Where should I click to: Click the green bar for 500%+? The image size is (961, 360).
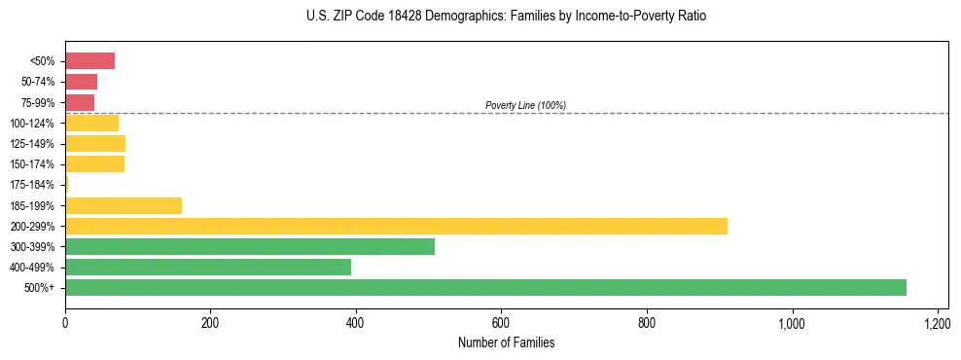pos(485,288)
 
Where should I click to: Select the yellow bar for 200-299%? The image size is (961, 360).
pos(396,226)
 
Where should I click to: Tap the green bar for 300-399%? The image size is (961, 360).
pos(250,246)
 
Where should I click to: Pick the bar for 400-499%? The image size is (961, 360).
pos(208,268)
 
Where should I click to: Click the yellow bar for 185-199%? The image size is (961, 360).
pos(124,205)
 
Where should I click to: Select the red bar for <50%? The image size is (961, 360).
pos(89,61)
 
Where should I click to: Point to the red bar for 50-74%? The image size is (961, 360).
pos(81,82)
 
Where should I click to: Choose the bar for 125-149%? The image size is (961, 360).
pos(95,144)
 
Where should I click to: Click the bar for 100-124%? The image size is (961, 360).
pos(91,123)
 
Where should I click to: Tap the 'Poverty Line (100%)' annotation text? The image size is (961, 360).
pos(525,105)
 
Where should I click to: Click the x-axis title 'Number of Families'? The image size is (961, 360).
pos(506,342)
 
